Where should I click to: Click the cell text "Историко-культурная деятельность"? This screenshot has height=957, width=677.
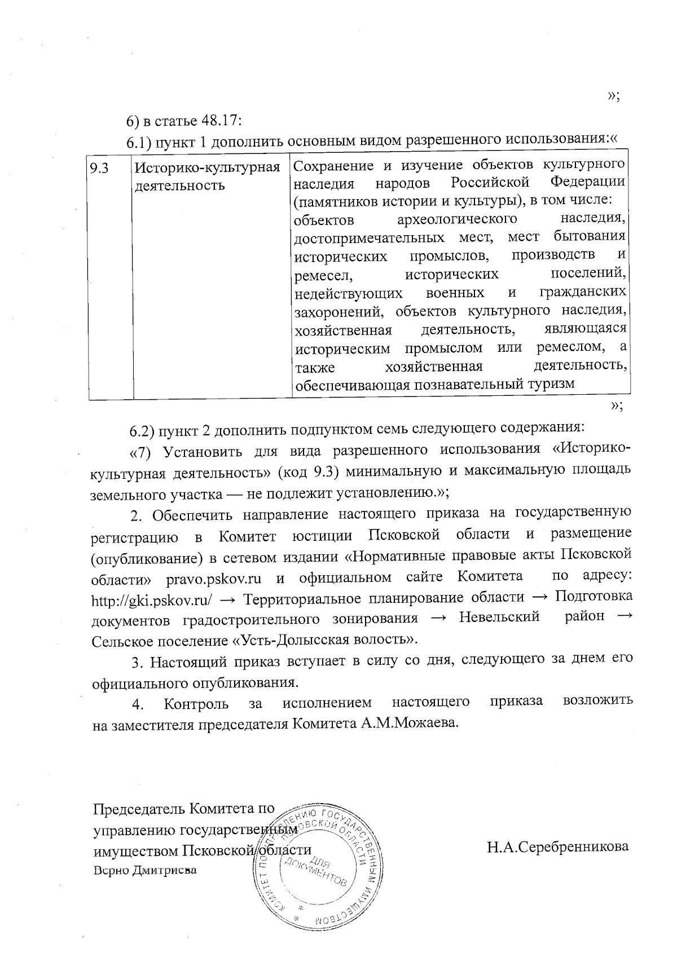click(x=207, y=176)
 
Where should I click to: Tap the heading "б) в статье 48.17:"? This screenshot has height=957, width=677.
click(x=184, y=121)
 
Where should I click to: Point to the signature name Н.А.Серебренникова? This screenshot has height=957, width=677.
click(x=557, y=846)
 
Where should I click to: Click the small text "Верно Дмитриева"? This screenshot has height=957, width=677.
click(x=145, y=870)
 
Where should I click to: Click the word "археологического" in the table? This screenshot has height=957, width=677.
click(x=458, y=218)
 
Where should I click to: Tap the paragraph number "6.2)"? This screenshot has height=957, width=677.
click(x=142, y=431)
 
